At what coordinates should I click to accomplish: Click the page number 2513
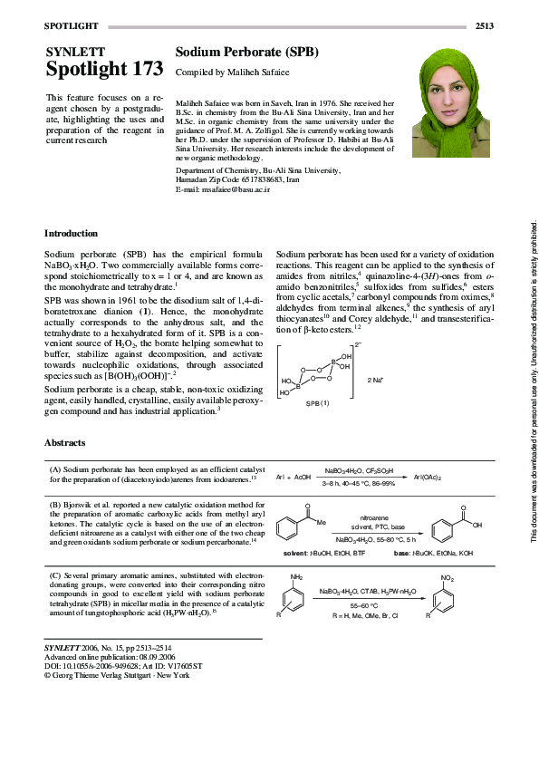coord(484,26)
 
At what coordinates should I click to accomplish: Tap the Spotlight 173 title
coord(104,70)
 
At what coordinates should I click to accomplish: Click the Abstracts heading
coord(65,443)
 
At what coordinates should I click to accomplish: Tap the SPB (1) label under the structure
coord(317,401)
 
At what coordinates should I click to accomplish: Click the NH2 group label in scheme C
coord(296,576)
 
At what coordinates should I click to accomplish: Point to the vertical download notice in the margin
coord(534,381)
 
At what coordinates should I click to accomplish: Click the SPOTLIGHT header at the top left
coord(73,26)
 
